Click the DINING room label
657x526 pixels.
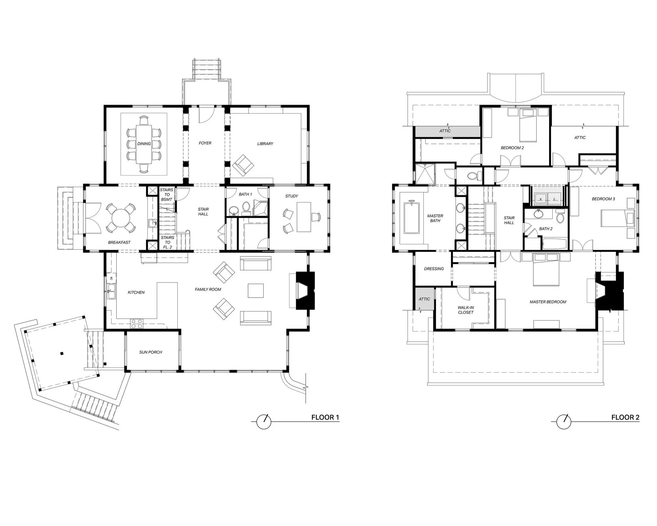[x=144, y=144]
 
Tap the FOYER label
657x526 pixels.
[x=205, y=143]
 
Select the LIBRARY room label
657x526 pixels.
[x=265, y=144]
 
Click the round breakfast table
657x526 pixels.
[x=121, y=217]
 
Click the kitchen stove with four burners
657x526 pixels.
[x=137, y=324]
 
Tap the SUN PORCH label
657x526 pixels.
[x=151, y=352]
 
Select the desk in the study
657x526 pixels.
[x=304, y=217]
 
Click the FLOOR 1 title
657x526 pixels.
[x=325, y=417]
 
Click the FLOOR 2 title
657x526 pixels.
[x=625, y=417]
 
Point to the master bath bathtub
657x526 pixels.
[x=411, y=218]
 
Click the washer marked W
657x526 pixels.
[x=541, y=199]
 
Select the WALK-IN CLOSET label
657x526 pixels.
[x=466, y=310]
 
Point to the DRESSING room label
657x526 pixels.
[x=434, y=269]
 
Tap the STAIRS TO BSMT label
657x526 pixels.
[x=167, y=195]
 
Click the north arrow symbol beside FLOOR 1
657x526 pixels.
[x=264, y=421]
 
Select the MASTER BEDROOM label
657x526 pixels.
[x=548, y=302]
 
